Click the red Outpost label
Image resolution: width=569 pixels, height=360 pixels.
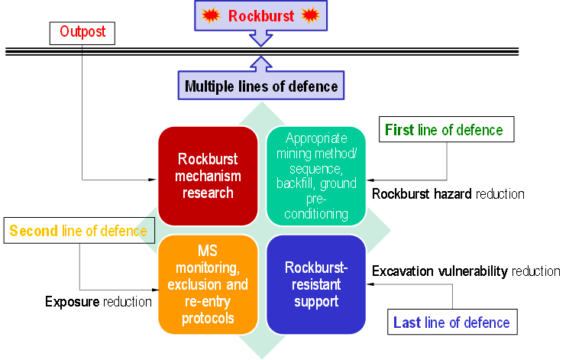[82, 31]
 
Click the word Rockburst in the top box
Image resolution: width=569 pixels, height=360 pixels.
[261, 15]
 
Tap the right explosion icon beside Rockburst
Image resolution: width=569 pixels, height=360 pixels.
[309, 15]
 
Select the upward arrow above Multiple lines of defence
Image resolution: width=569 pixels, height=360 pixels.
[261, 63]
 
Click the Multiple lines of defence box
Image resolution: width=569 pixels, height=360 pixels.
[261, 86]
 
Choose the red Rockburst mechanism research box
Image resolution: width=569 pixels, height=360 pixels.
[207, 176]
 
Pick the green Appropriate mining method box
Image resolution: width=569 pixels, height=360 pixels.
[315, 176]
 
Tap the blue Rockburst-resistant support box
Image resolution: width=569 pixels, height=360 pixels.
[315, 284]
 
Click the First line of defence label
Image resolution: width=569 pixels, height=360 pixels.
[444, 130]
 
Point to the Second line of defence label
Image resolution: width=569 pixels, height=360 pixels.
[78, 231]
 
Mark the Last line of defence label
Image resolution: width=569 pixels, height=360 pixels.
[451, 323]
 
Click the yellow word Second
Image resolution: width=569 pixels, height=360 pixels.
[34, 231]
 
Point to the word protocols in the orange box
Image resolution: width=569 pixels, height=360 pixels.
[208, 318]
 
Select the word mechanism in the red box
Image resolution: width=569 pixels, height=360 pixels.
[208, 176]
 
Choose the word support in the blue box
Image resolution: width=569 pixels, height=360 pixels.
[315, 301]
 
